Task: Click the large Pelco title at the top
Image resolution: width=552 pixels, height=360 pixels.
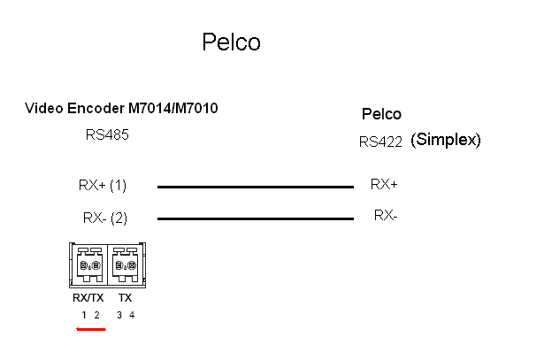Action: [x=231, y=42]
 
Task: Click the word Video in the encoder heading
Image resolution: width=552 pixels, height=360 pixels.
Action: [x=44, y=108]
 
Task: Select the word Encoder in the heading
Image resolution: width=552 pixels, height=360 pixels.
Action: [x=96, y=108]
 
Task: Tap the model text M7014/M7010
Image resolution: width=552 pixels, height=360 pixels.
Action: [x=172, y=108]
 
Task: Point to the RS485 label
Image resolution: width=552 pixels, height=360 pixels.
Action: [x=107, y=134]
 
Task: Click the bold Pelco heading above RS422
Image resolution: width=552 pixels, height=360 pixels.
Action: [x=381, y=114]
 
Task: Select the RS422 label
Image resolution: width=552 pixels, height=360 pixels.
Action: [x=380, y=142]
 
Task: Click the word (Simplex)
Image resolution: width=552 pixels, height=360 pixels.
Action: [x=445, y=140]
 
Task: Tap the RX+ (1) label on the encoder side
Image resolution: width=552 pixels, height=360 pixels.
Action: [x=103, y=185]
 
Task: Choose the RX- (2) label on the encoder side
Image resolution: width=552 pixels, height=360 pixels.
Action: [x=105, y=218]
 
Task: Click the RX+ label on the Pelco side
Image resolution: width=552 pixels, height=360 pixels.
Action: [x=384, y=184]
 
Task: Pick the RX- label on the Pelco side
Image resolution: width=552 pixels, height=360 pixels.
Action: [x=386, y=215]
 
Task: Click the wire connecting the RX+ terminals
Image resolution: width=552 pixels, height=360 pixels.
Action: [x=256, y=187]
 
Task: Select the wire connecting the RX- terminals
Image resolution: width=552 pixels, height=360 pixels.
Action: [x=256, y=218]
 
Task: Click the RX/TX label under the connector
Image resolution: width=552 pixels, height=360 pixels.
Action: [x=88, y=298]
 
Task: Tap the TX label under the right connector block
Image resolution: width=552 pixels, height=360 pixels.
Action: [x=125, y=298]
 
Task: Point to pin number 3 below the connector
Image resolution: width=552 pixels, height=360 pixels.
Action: [x=119, y=315]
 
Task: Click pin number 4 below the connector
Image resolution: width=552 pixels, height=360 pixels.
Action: [x=132, y=315]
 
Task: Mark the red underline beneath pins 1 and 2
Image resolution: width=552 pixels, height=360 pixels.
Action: [x=91, y=329]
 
